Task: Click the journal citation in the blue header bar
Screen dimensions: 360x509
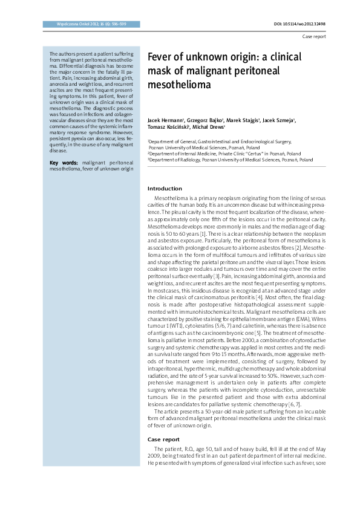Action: pyautogui.click(x=82, y=24)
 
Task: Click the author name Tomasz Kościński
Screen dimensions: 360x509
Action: pyautogui.click(x=169, y=128)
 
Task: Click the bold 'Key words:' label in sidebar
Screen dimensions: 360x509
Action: pyautogui.click(x=64, y=163)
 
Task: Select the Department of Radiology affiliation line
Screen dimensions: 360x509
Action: pyautogui.click(x=231, y=160)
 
